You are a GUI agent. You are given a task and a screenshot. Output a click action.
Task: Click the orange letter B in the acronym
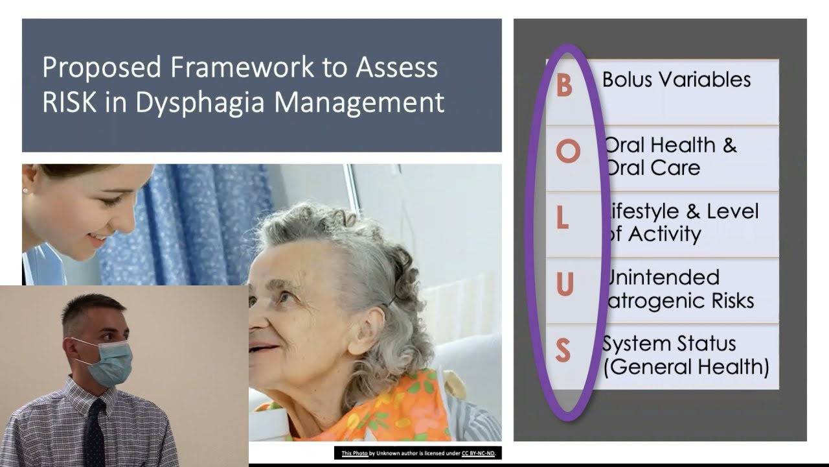click(565, 86)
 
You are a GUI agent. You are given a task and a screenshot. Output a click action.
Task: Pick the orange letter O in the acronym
click(567, 152)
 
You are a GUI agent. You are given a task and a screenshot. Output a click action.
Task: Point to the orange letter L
click(562, 219)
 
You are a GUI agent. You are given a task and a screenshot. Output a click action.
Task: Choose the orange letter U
click(565, 285)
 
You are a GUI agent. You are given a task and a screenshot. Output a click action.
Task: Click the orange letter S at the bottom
click(563, 351)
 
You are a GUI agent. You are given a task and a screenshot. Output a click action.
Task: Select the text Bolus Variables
click(676, 80)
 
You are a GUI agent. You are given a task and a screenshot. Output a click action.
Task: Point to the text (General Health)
click(686, 367)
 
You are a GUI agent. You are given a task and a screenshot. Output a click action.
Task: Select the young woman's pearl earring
click(25, 191)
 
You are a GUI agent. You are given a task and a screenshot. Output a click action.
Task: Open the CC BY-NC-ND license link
click(479, 453)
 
